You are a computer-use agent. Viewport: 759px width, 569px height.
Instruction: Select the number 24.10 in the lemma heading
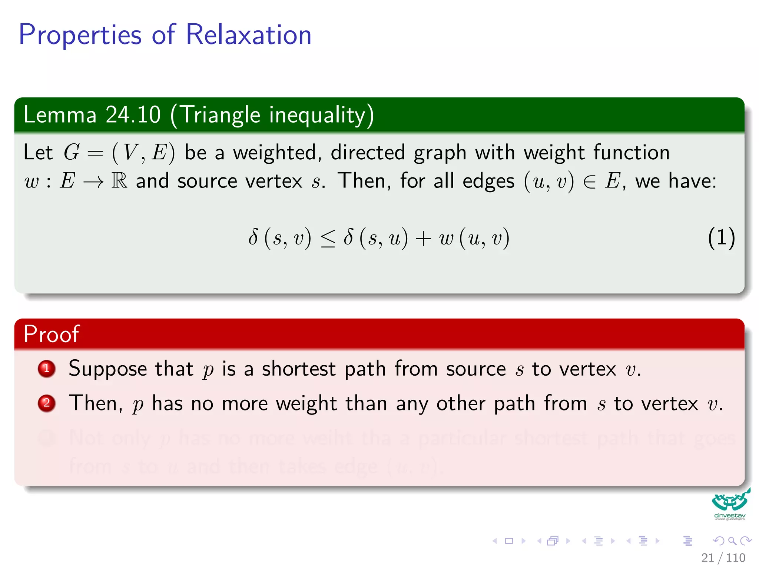coord(133,114)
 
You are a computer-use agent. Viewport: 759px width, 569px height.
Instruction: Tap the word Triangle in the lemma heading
coord(221,115)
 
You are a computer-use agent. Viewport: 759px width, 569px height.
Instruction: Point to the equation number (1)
coord(721,237)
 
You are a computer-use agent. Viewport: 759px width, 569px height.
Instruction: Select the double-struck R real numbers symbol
coord(119,181)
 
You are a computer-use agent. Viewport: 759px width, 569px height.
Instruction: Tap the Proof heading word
coord(51,334)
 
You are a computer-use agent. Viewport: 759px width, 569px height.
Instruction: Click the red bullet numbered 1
coord(47,369)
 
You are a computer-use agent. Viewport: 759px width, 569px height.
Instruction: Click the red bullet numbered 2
coord(47,403)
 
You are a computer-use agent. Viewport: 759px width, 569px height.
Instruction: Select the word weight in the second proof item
coord(306,404)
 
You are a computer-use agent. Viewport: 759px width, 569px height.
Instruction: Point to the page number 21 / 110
coord(723,558)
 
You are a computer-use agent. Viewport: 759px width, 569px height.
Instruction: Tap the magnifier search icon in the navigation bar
coord(732,541)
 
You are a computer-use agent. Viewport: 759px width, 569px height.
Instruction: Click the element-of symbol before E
coord(589,182)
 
